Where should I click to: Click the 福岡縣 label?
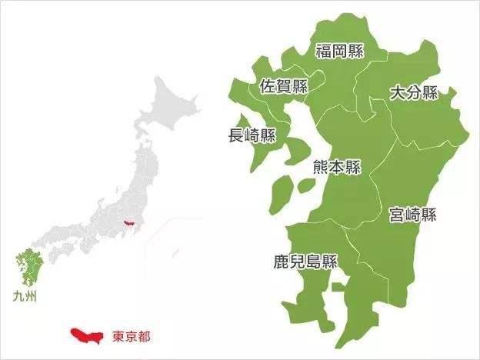pos(340,51)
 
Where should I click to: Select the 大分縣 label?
pos(413,93)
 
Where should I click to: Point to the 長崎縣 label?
pos(252,135)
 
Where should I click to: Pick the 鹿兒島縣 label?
pos(307,261)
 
